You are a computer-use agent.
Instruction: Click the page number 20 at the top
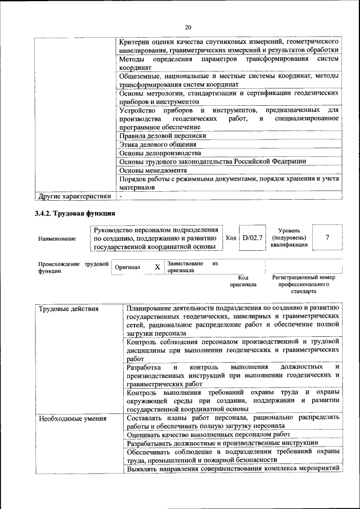[x=188, y=26]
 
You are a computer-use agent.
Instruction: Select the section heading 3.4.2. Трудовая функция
[x=75, y=214]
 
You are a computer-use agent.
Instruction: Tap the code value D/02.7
[x=252, y=237]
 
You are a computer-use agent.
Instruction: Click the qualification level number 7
[x=327, y=237]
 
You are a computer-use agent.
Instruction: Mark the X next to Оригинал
[x=157, y=267]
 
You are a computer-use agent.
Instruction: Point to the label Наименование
[x=57, y=238]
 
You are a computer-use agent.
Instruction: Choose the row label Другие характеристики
[x=74, y=196]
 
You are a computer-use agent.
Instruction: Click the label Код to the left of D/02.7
[x=231, y=237]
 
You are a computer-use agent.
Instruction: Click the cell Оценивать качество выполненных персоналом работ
[x=209, y=435]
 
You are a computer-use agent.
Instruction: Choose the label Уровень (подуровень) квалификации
[x=289, y=237]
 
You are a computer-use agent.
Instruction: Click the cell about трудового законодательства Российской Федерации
[x=213, y=161]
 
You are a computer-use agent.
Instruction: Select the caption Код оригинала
[x=243, y=281]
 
